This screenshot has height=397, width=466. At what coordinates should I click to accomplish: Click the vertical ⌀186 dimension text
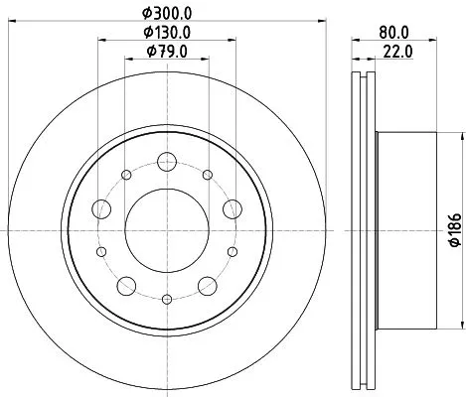pos(456,231)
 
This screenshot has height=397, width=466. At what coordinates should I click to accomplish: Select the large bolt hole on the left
pos(100,209)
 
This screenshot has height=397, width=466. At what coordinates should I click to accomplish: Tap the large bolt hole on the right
pos(232,208)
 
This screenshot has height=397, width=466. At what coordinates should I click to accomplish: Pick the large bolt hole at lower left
pos(125,287)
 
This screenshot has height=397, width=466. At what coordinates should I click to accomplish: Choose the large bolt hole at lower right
pos(207,287)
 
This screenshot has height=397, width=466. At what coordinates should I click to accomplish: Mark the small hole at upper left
pos(125,176)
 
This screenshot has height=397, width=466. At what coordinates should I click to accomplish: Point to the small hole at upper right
pos(207,176)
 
